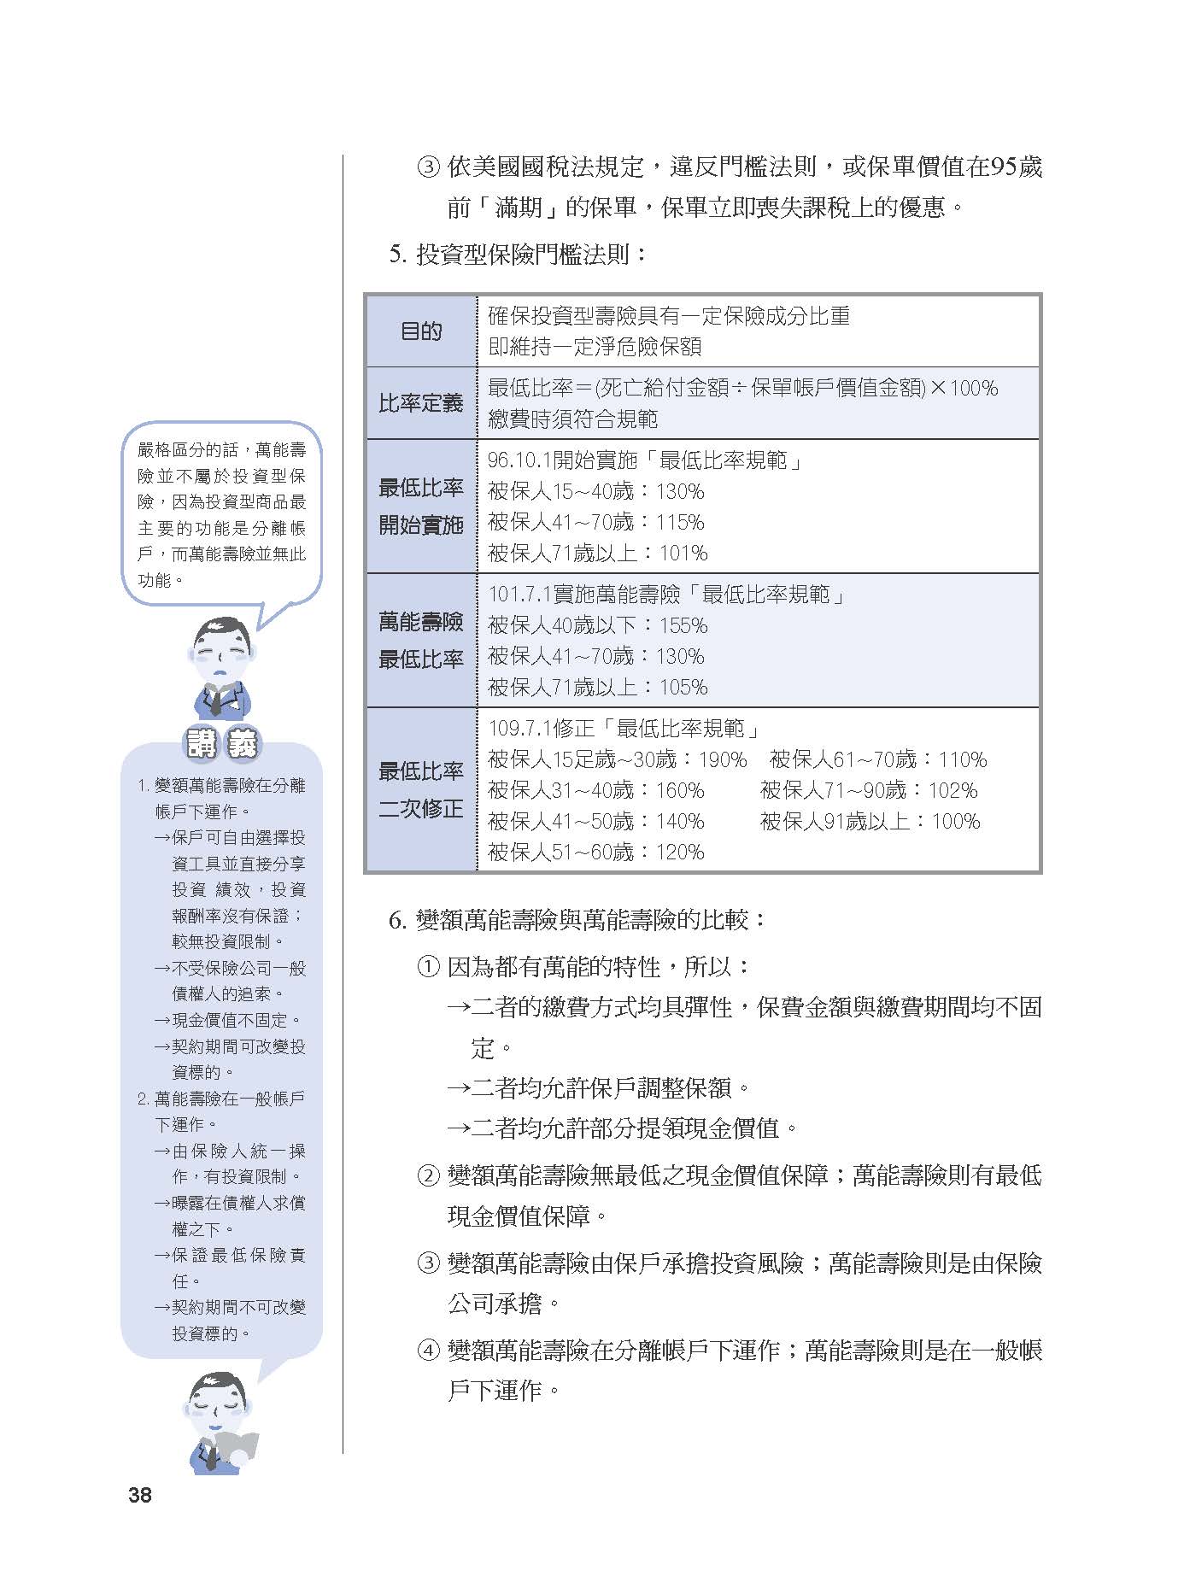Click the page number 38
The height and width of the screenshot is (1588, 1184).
(x=140, y=1494)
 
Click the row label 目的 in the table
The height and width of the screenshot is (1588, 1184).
(x=421, y=331)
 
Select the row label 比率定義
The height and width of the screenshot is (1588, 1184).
(x=421, y=403)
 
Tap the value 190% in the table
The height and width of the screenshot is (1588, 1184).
(x=723, y=759)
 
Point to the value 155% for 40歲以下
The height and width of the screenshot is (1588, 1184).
(x=683, y=626)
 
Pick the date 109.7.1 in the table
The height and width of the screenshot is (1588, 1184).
(x=519, y=729)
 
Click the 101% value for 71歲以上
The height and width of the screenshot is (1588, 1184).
(x=683, y=554)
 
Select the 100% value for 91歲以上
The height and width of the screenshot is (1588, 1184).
(x=956, y=822)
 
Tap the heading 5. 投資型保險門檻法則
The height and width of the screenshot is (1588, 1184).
(x=519, y=254)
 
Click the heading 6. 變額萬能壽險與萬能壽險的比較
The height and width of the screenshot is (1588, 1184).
(x=578, y=920)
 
